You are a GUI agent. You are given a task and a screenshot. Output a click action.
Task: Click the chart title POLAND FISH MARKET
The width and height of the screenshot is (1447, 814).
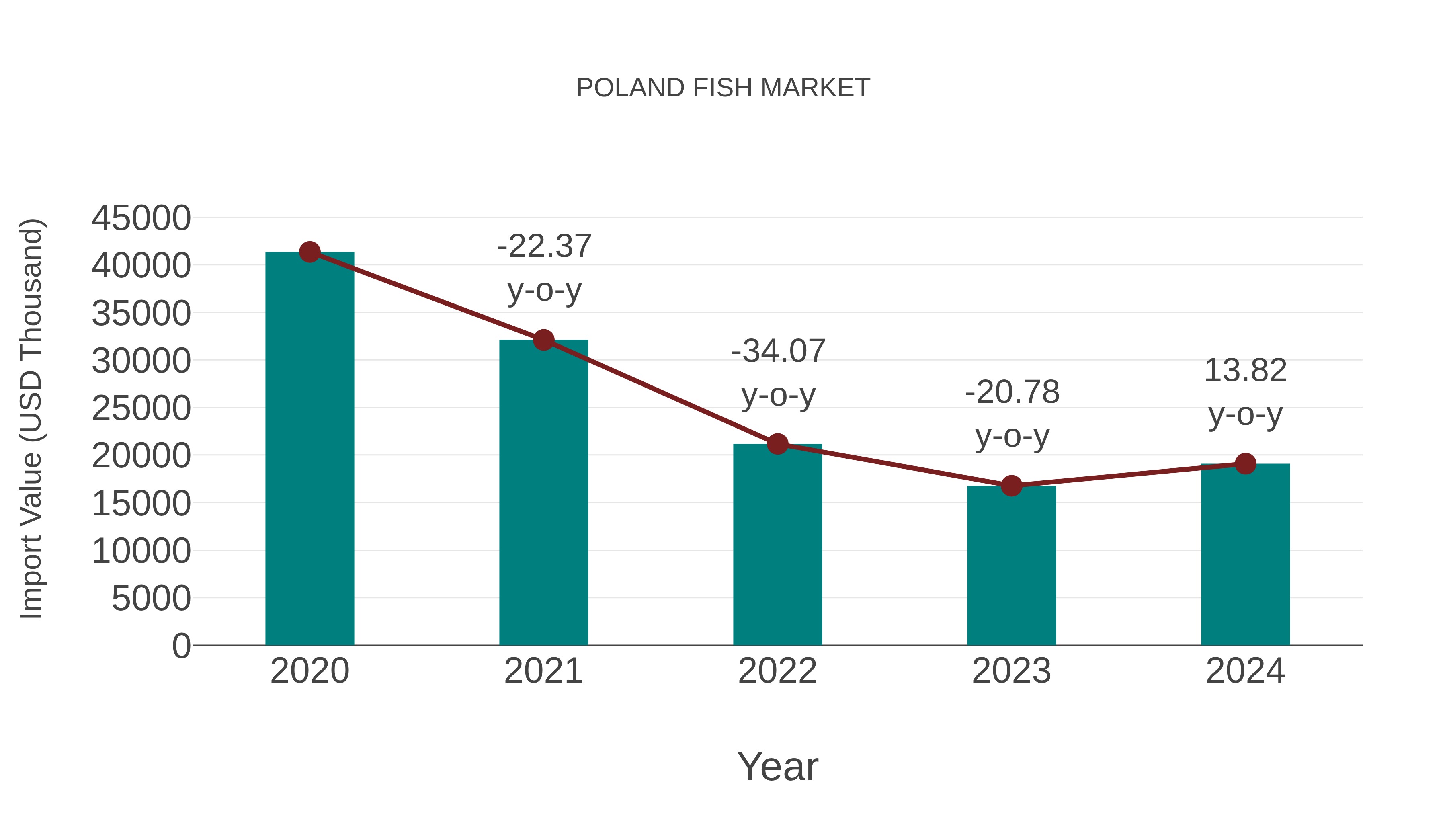tap(723, 88)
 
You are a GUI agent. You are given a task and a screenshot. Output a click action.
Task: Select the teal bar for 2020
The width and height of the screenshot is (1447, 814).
tap(309, 449)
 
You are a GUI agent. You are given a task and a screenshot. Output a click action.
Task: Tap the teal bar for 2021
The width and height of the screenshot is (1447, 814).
tap(543, 494)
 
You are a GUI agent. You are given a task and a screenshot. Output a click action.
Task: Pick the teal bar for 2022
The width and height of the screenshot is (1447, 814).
tap(777, 545)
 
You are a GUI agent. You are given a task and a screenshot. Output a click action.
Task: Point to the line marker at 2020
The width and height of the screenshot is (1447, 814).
tap(309, 252)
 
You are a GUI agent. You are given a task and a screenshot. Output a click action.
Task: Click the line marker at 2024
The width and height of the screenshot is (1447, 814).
tap(1245, 464)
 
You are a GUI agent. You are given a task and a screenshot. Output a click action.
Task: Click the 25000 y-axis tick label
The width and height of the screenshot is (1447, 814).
tap(141, 408)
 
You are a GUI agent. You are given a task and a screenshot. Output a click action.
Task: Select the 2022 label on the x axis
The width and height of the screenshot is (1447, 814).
tap(777, 671)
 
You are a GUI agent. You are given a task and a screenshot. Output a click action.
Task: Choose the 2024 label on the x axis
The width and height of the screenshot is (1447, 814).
tap(1245, 671)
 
